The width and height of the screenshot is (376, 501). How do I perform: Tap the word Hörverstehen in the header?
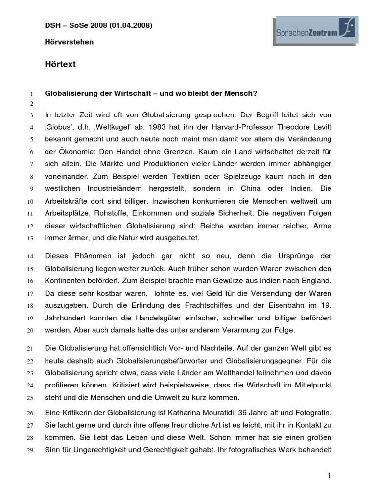(69, 42)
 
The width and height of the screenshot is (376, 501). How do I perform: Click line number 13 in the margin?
(30, 239)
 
